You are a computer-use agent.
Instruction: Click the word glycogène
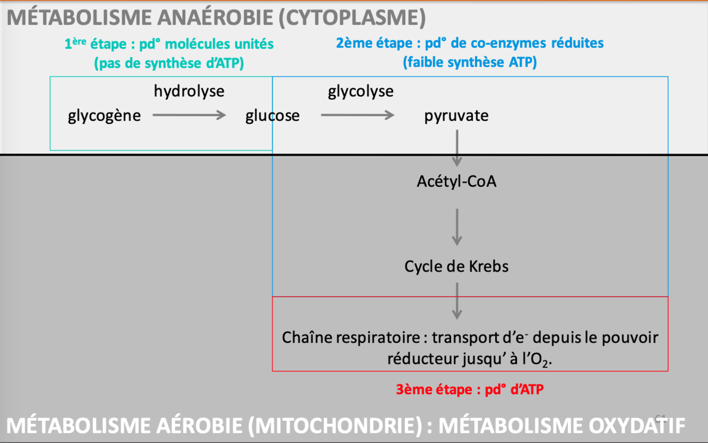coord(105,116)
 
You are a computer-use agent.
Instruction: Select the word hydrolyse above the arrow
coord(189,91)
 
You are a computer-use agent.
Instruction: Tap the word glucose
coord(272,116)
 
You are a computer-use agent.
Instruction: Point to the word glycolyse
coord(361,91)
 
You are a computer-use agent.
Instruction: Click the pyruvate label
coord(456,116)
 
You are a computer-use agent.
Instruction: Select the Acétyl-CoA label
coord(456,181)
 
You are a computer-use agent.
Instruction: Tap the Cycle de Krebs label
coord(456,266)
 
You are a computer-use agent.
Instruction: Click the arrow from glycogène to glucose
coord(189,115)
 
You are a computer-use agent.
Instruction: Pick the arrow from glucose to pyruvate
coord(357,115)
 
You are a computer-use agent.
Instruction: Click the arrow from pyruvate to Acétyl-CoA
coord(456,148)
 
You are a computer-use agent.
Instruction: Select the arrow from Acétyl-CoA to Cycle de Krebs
coord(456,227)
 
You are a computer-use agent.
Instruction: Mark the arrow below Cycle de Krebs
coord(456,300)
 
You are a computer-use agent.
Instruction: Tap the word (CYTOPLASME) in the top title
coord(351,18)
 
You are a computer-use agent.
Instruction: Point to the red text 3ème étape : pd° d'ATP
coord(470,389)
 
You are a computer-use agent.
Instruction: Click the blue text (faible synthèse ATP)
coord(470,63)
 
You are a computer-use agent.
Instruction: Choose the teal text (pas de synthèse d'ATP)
coord(169,64)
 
